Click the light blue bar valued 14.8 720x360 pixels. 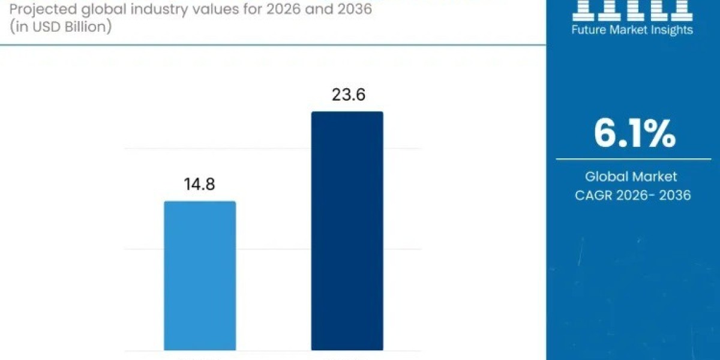click(200, 275)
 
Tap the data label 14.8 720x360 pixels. click(200, 184)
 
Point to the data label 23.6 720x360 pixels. click(347, 95)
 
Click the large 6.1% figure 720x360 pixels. click(635, 133)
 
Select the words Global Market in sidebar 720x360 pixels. click(631, 176)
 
